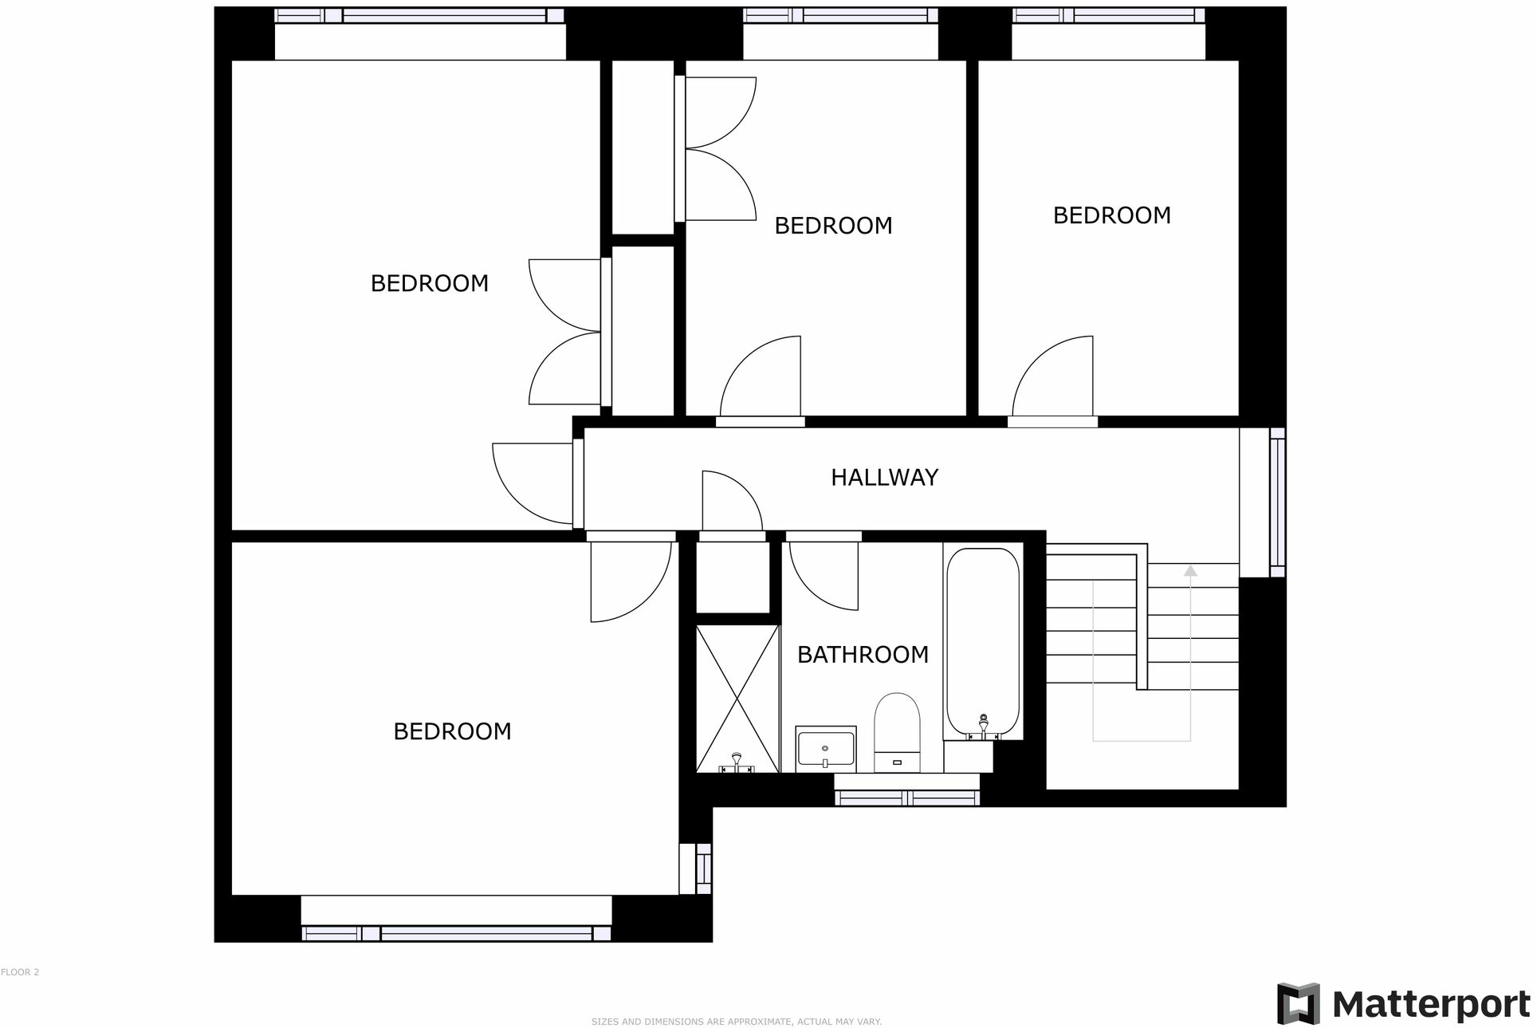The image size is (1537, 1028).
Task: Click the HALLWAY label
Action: [884, 477]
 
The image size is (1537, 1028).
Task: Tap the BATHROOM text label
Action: [863, 655]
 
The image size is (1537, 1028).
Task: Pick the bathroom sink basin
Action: [825, 749]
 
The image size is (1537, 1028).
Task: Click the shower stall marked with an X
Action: [737, 699]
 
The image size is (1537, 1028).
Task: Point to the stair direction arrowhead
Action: [1190, 570]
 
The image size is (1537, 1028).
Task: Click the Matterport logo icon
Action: [1298, 1003]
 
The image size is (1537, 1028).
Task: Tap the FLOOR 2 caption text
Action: [20, 972]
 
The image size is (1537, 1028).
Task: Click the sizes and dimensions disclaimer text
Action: [736, 1022]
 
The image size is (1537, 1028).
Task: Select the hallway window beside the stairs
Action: [1277, 502]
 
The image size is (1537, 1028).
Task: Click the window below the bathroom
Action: [906, 798]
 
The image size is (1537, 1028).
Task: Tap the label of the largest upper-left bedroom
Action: [429, 283]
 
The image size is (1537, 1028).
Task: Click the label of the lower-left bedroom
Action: [452, 731]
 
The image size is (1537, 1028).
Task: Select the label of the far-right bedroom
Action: [1111, 215]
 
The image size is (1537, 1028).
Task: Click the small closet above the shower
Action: [732, 577]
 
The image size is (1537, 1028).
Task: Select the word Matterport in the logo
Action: [1431, 1004]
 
